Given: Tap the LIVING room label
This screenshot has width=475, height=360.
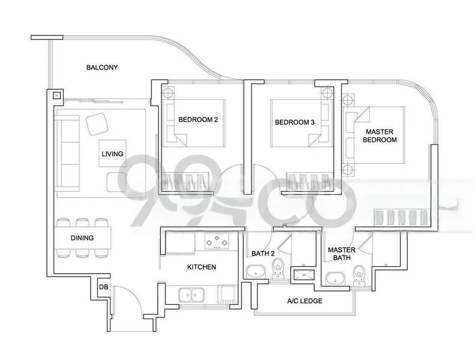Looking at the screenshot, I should [112, 154].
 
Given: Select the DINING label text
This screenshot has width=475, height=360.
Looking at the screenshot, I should [82, 238].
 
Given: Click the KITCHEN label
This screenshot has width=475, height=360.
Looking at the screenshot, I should [202, 267].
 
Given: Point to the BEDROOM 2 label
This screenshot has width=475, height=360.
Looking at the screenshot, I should [198, 120].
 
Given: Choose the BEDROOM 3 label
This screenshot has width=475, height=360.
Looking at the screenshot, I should [294, 122].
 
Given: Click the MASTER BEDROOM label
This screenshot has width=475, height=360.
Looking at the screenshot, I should [381, 135].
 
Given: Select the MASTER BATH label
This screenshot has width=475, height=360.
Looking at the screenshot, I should [341, 254].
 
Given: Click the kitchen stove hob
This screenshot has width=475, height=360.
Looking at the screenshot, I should [217, 242].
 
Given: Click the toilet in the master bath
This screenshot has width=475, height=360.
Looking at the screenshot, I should [359, 273].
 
